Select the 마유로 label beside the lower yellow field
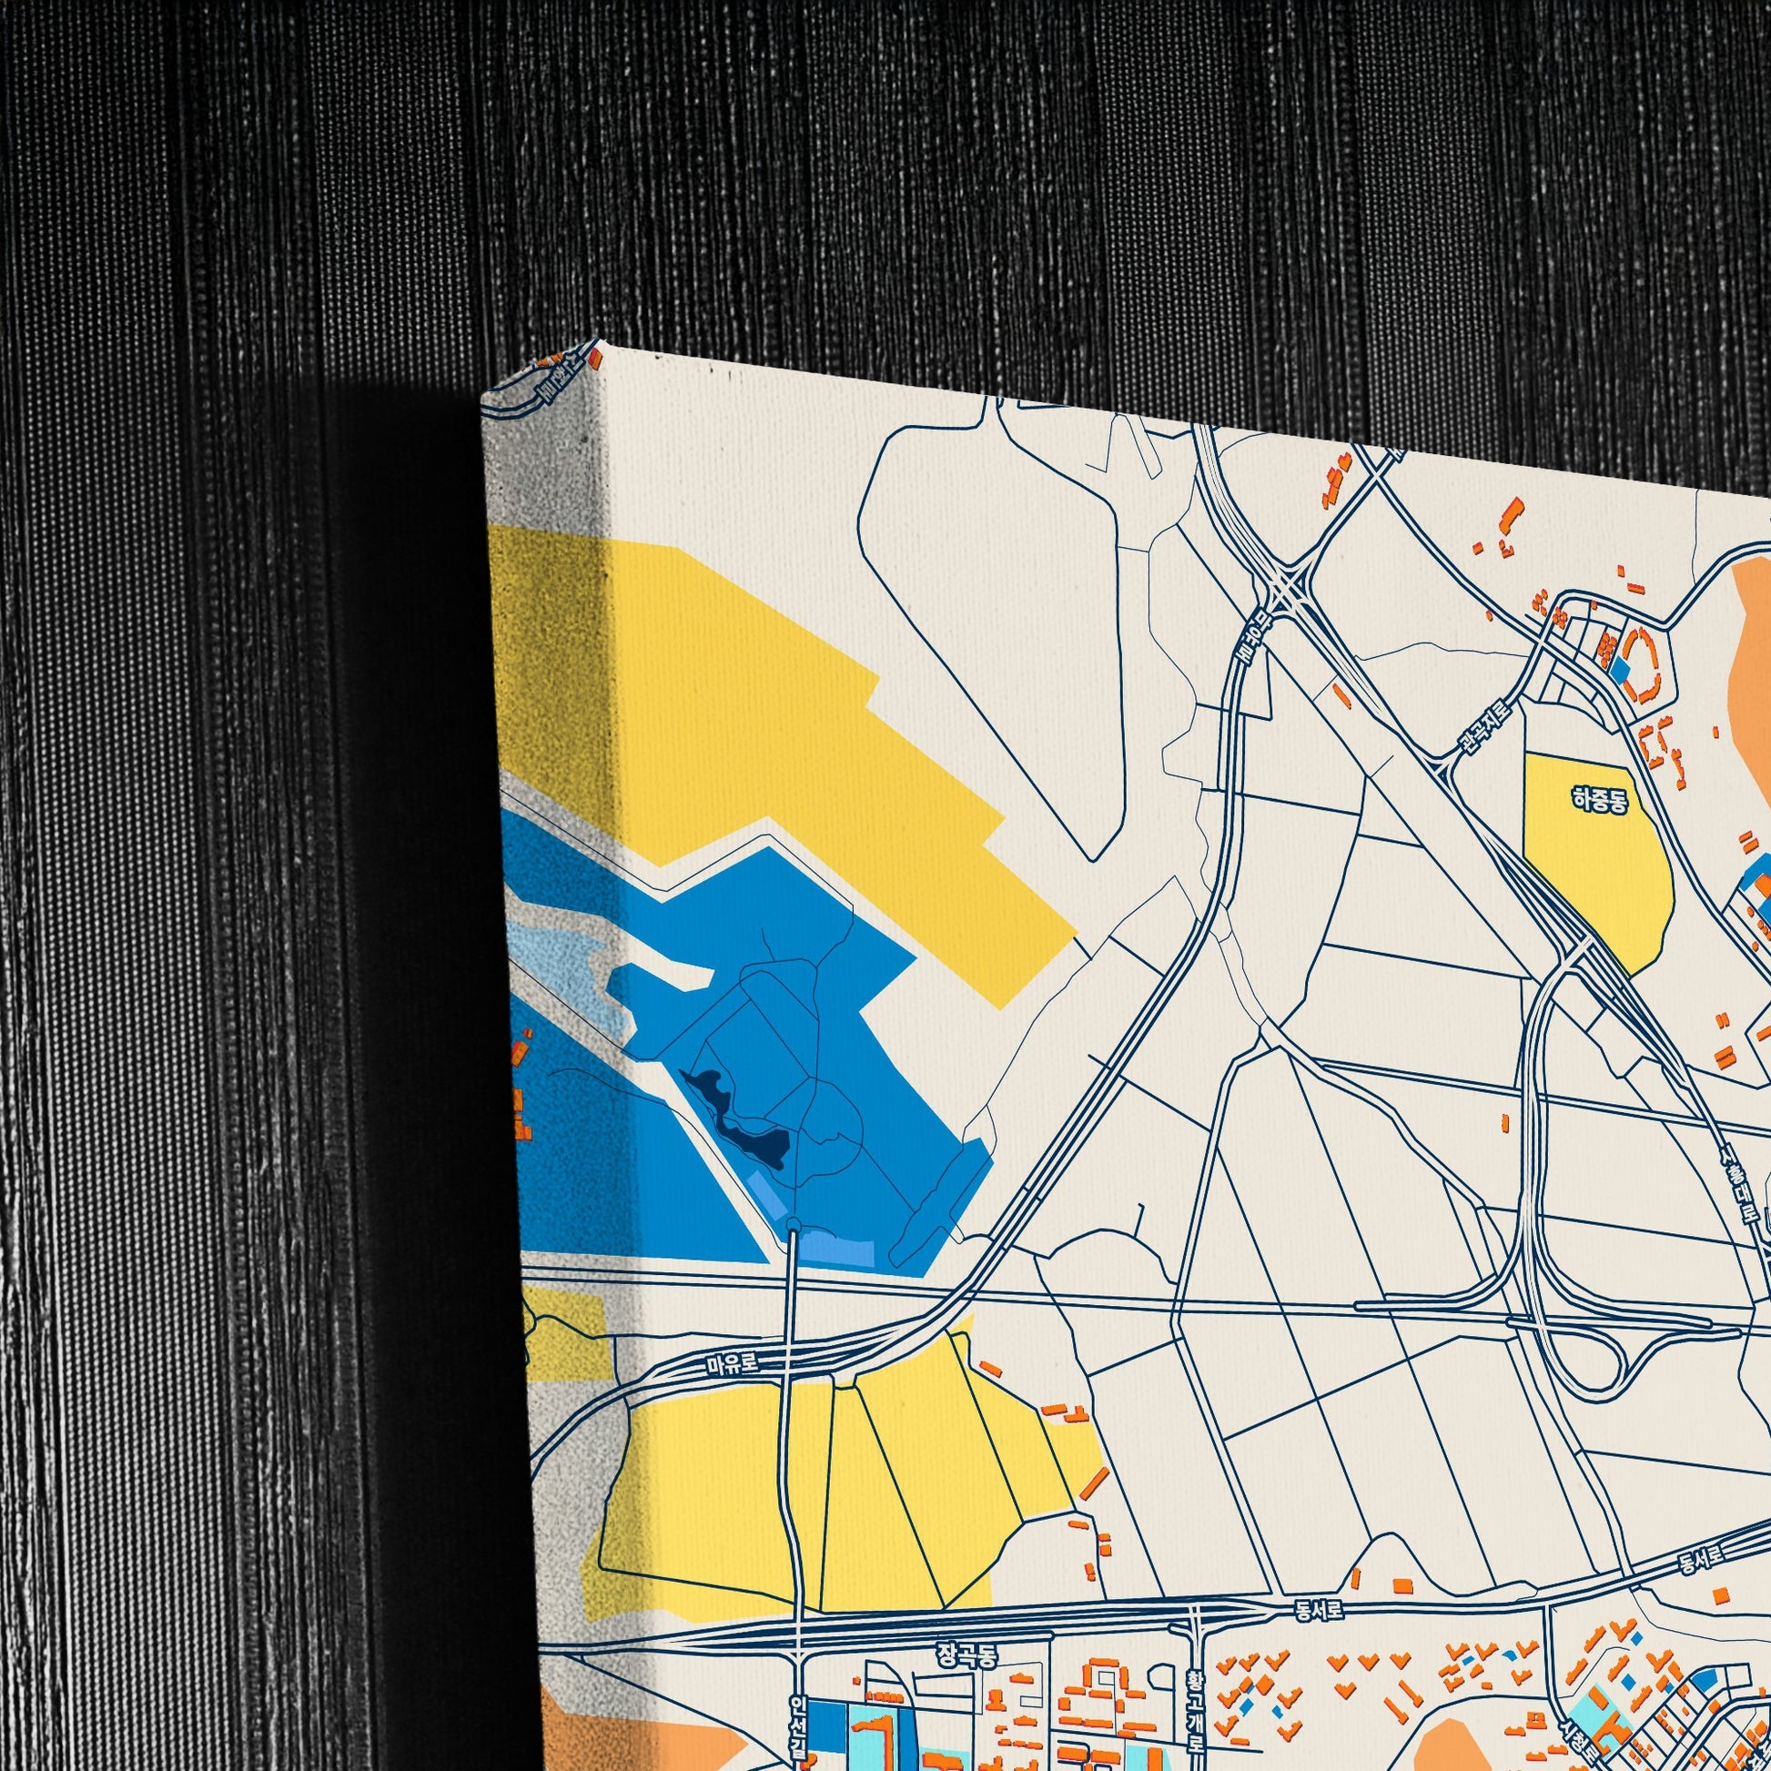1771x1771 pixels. coord(733,1364)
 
